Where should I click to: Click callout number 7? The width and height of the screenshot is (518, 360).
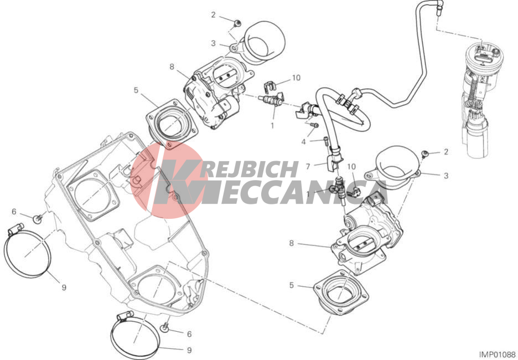[308, 167]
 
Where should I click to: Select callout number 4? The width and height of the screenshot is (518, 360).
[303, 142]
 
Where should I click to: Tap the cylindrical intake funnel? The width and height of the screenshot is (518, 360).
[261, 42]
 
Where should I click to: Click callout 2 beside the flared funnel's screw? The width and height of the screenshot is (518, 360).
[446, 152]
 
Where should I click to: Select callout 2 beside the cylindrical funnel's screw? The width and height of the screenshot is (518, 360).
[213, 15]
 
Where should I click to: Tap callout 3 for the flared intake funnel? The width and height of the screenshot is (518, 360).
[446, 176]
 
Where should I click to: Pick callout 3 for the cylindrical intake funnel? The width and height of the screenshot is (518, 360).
[213, 43]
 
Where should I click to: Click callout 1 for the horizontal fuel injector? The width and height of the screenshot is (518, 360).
[272, 126]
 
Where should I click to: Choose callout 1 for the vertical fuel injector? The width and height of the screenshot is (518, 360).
[308, 194]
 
